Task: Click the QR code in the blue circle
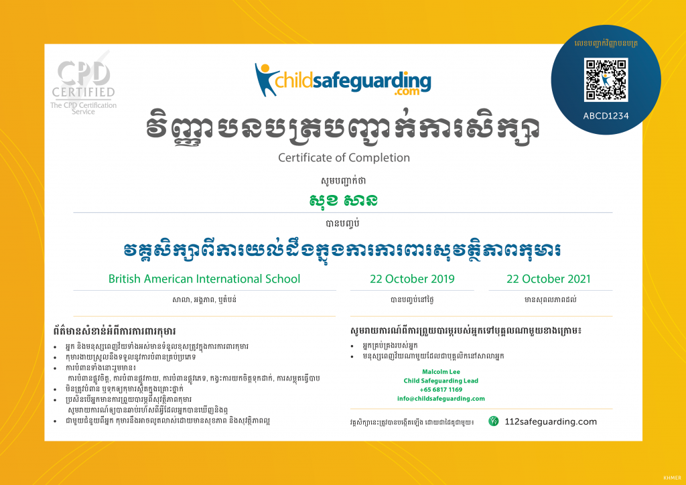coord(606,80)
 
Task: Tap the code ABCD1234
coord(606,115)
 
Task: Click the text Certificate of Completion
coord(344,157)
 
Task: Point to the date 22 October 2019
coord(412,279)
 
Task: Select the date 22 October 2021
coord(549,279)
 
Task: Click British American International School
coord(204,279)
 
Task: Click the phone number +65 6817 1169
coord(441,389)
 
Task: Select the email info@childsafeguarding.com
coord(440,399)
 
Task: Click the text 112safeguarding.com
coord(551,421)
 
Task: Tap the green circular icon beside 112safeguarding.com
coord(494,421)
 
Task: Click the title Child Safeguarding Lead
coord(440,380)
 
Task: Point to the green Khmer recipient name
coord(343,200)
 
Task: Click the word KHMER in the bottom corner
coord(671,478)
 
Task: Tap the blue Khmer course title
coord(343,250)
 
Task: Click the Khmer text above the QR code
coord(606,44)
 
